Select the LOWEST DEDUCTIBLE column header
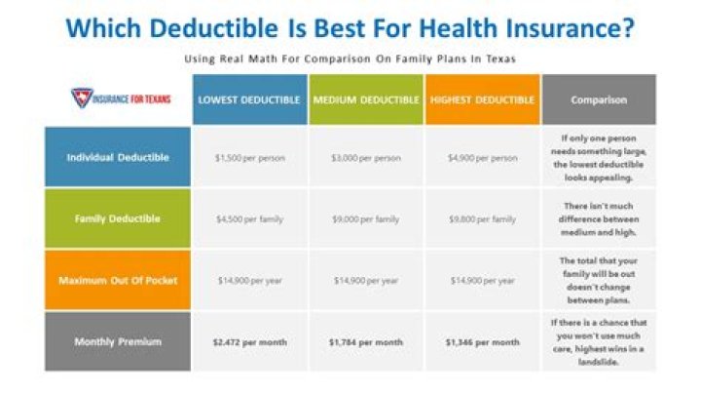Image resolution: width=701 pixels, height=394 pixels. pos(249,99)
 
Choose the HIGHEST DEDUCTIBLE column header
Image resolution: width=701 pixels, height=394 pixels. pos(482,99)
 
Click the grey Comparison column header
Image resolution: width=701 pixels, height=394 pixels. pos(599,99)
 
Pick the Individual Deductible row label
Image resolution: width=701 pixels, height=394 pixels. pos(118,157)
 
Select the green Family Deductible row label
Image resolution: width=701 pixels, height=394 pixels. pos(118,218)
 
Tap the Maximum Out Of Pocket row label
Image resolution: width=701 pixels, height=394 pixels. pos(118,280)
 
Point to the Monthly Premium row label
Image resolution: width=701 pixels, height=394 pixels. pos(118,341)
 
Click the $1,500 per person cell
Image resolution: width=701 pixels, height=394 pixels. pos(249,157)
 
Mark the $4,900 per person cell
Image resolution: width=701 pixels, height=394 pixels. pos(482,157)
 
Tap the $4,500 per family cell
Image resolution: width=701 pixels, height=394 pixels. pos(249,218)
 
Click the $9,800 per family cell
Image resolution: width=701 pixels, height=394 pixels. pos(482,218)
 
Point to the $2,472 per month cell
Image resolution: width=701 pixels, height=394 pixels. pos(249,342)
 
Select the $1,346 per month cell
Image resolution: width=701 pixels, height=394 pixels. pos(482,342)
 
